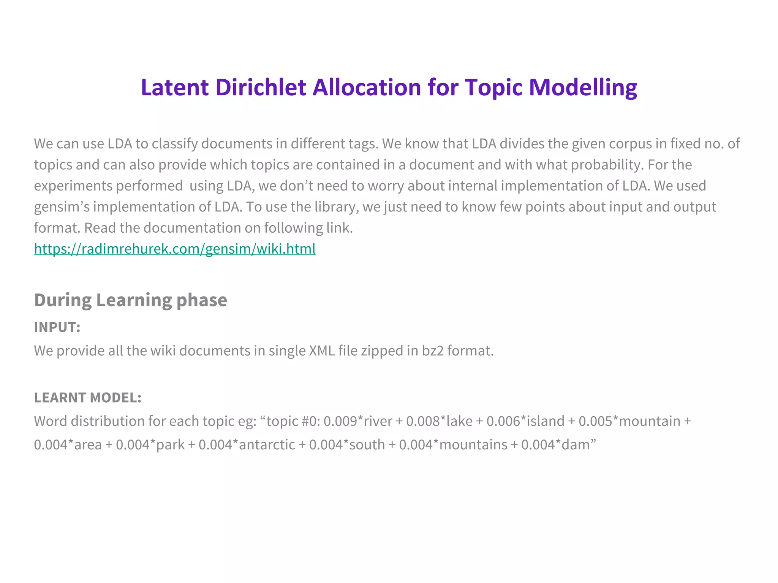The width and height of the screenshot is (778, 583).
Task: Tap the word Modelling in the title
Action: click(x=583, y=88)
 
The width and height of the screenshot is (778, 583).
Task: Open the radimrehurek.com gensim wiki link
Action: click(x=175, y=249)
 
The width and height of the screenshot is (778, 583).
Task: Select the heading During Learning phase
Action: click(x=131, y=300)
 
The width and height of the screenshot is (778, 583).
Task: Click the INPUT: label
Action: click(x=57, y=327)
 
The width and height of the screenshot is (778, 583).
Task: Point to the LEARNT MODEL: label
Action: click(x=88, y=398)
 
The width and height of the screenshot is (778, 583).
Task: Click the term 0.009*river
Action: click(x=358, y=421)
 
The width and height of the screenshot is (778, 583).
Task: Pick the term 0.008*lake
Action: click(x=439, y=421)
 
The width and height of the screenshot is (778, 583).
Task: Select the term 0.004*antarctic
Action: click(x=247, y=444)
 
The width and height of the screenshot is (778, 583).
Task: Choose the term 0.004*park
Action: click(x=150, y=444)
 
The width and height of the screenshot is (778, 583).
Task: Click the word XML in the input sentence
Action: click(x=322, y=351)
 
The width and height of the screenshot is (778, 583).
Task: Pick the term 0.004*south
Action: click(x=347, y=444)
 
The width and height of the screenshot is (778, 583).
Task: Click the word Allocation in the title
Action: click(x=367, y=87)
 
